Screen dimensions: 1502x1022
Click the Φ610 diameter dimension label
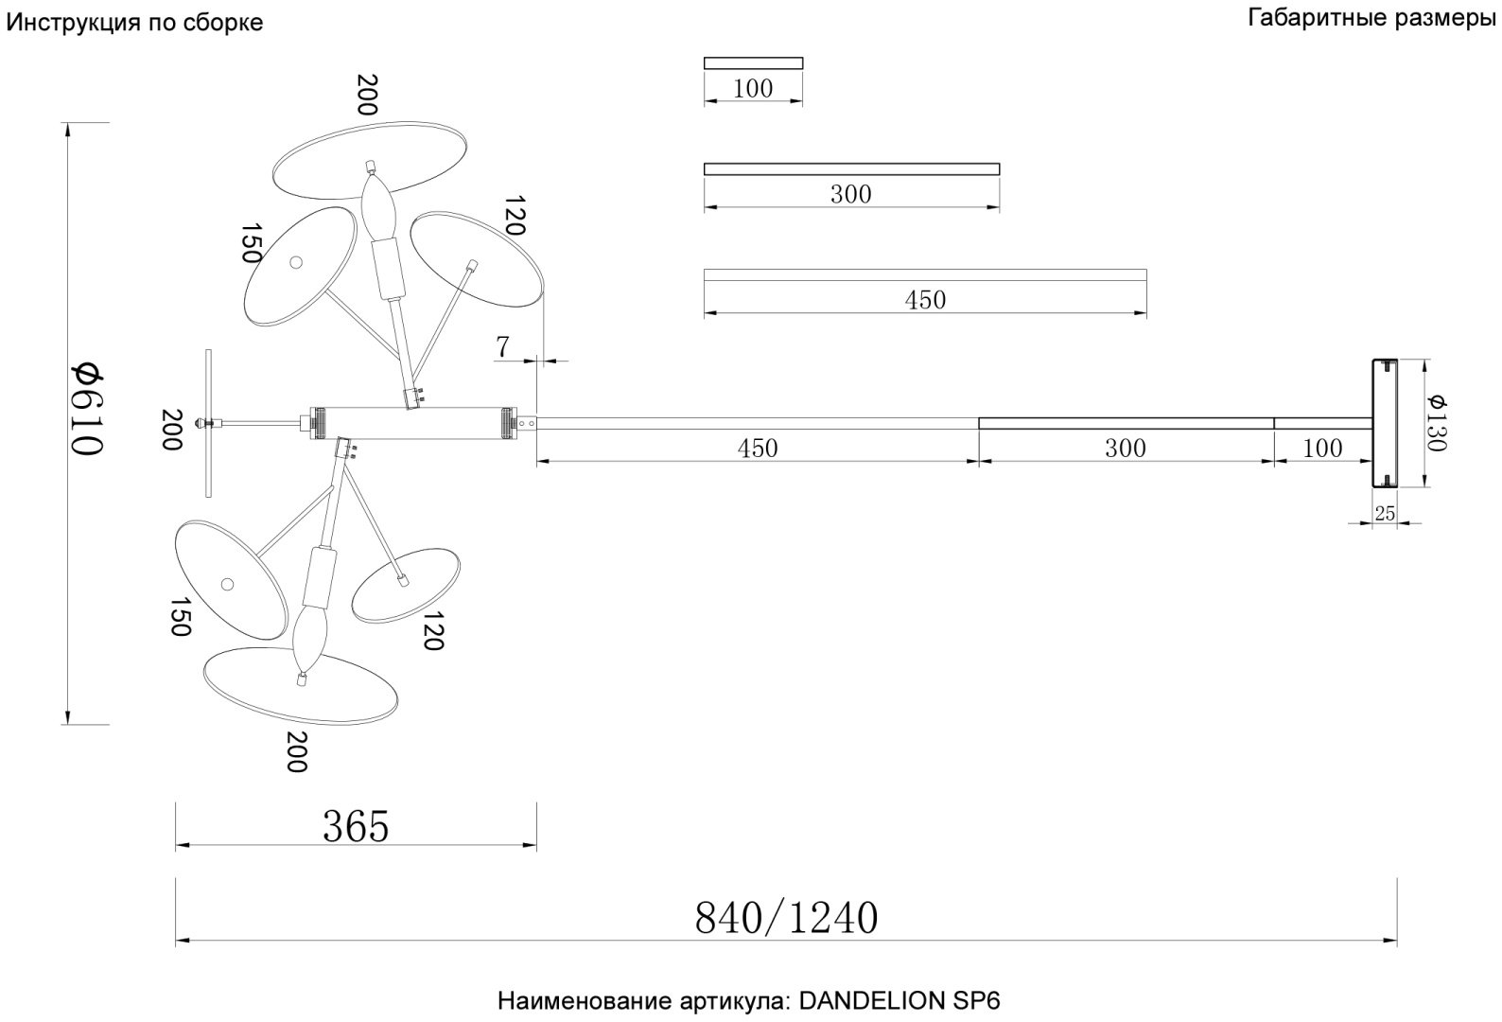(x=87, y=409)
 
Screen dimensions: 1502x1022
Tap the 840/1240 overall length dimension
(x=786, y=918)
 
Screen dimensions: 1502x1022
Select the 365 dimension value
(x=356, y=826)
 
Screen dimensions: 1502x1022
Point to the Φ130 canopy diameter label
(x=1438, y=423)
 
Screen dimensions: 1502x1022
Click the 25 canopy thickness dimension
(x=1385, y=513)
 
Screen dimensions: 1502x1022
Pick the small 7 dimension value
(x=502, y=347)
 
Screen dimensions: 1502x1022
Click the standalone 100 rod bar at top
(x=753, y=63)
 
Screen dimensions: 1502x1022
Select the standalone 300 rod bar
(x=851, y=169)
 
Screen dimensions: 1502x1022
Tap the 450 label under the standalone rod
(x=925, y=300)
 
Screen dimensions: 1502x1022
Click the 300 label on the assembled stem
(x=1126, y=449)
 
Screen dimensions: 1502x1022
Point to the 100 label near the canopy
(x=1322, y=449)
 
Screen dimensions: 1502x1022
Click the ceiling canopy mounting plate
(x=1385, y=423)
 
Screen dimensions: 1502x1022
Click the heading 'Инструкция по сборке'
(x=134, y=23)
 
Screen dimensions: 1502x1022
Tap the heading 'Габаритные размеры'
(x=1371, y=18)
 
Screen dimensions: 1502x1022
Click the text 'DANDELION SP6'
(x=899, y=1001)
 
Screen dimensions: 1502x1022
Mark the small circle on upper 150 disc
(x=296, y=262)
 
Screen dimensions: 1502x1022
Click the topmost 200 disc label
(x=367, y=95)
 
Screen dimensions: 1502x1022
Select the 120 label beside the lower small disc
(x=433, y=631)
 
